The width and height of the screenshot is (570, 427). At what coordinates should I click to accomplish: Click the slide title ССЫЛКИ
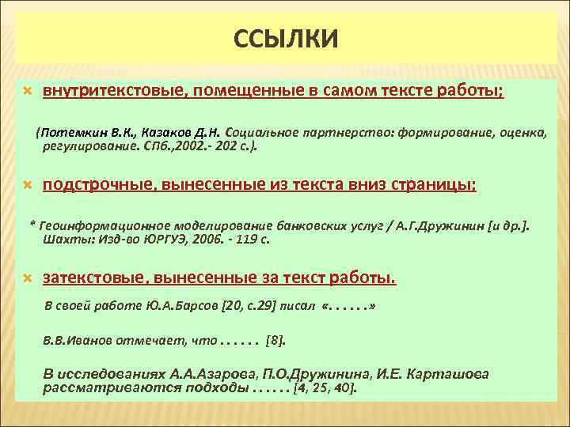(x=286, y=37)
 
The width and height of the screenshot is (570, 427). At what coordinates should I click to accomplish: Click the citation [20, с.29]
(x=252, y=305)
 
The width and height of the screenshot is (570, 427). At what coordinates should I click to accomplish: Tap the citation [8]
(x=276, y=342)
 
